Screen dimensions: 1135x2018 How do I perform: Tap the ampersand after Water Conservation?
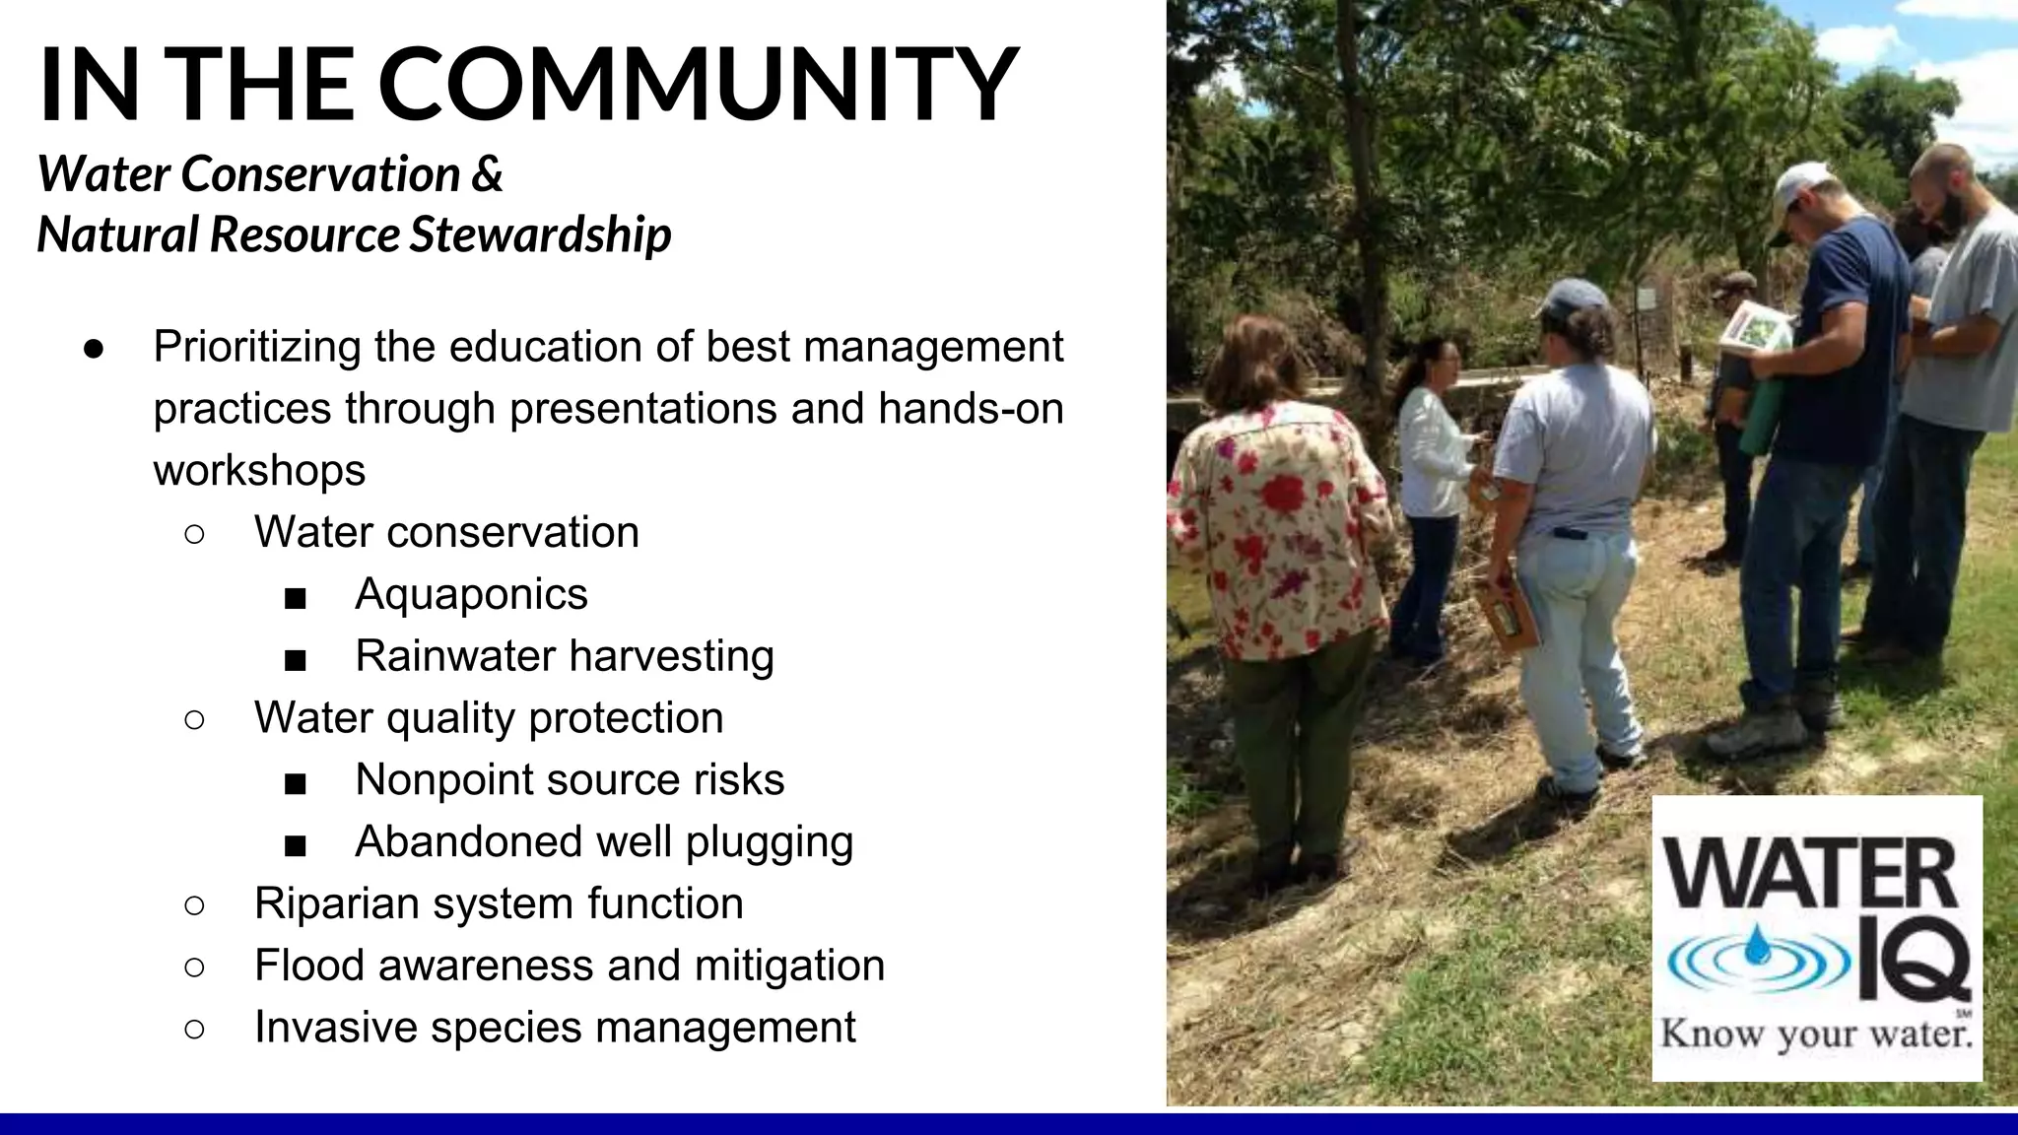tap(487, 174)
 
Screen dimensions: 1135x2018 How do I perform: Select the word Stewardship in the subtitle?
tap(540, 234)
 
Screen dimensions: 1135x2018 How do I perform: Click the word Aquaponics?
tap(471, 594)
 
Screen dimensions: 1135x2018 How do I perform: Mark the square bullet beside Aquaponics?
tap(295, 597)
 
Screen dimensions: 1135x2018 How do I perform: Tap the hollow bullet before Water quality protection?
tap(194, 719)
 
